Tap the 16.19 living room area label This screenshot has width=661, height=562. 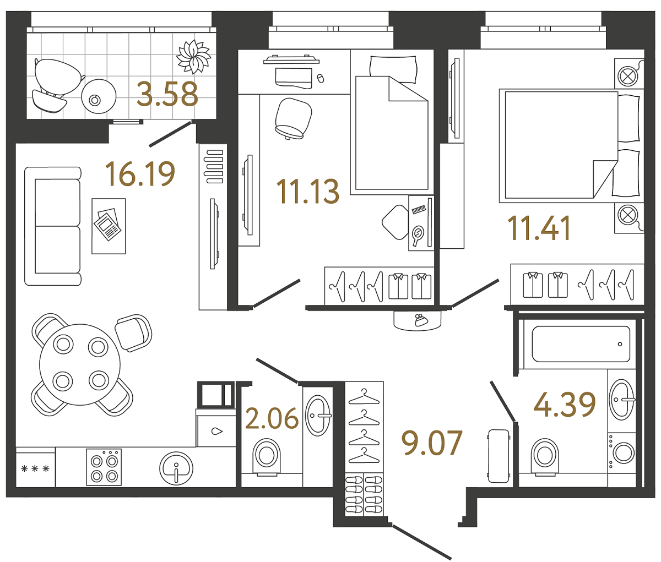click(140, 173)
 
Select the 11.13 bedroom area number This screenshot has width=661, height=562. click(308, 192)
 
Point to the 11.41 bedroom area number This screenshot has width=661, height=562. click(539, 228)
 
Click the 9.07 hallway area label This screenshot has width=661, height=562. click(432, 444)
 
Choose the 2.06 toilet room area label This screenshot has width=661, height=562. click(272, 419)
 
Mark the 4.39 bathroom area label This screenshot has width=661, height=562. click(565, 405)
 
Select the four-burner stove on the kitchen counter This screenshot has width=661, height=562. click(104, 467)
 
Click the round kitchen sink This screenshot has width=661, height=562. click(176, 468)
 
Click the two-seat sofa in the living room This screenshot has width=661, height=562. click(53, 226)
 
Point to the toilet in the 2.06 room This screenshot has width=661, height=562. click(267, 456)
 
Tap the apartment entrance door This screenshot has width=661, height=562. click(422, 542)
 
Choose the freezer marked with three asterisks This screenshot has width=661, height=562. click(35, 469)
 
